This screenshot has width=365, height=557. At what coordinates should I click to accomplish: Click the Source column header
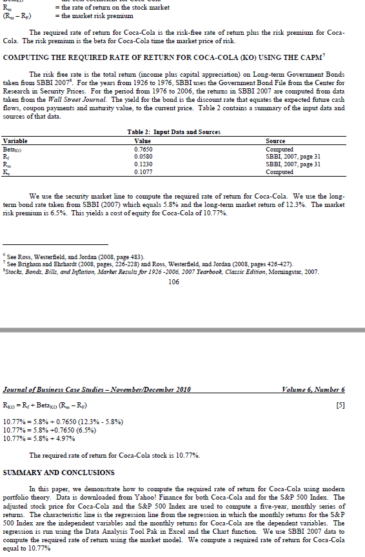coord(276,139)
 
